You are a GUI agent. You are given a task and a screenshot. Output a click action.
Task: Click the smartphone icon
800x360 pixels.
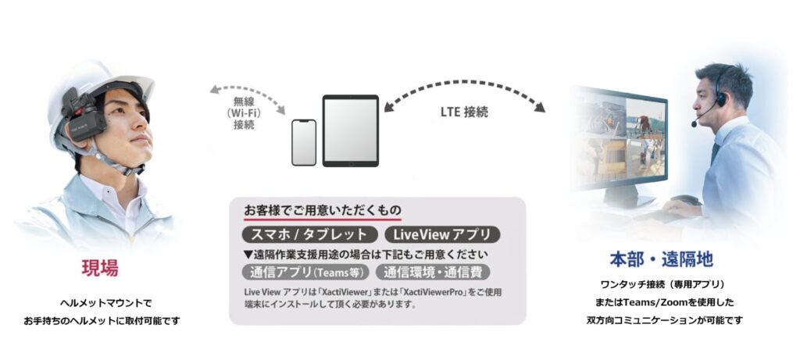[304, 143]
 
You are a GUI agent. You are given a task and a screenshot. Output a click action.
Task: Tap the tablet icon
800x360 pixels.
[351, 130]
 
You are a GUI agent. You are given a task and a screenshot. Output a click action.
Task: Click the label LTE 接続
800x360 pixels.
[464, 112]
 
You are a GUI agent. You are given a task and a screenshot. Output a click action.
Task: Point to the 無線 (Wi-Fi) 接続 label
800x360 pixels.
[244, 112]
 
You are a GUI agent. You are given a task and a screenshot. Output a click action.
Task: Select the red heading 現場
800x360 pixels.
[100, 268]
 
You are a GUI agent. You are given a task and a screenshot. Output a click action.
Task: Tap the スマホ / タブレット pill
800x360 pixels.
[309, 234]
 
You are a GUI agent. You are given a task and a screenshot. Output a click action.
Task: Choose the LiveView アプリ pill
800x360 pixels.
[443, 234]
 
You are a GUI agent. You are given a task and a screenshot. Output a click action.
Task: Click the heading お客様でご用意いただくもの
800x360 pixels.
[323, 209]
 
